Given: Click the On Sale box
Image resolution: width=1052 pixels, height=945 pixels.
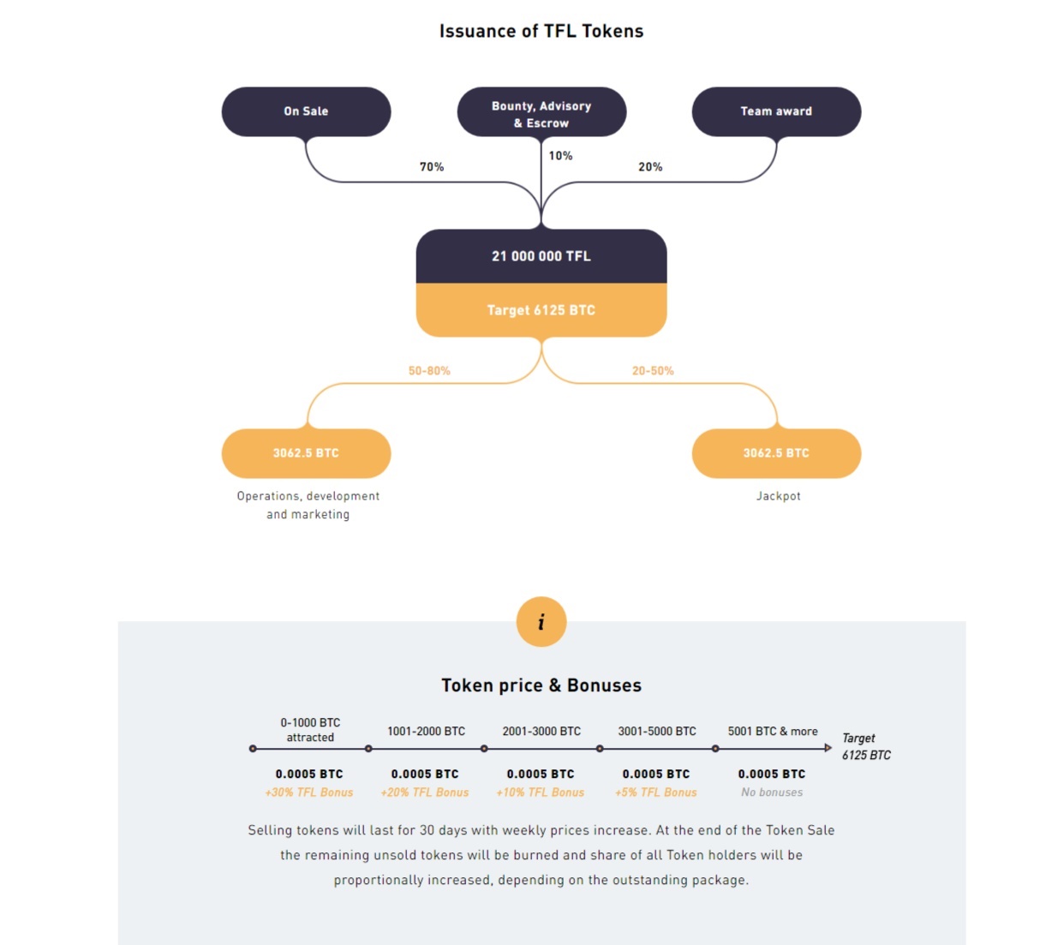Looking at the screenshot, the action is click(x=306, y=111).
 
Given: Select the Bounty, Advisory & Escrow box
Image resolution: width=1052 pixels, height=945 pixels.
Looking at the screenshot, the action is click(x=541, y=111).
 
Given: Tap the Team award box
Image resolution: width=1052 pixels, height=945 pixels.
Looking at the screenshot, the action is click(x=776, y=111).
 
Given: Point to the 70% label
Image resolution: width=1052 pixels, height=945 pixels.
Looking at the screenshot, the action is click(x=432, y=167).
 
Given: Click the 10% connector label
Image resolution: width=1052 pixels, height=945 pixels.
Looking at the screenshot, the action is click(x=561, y=156).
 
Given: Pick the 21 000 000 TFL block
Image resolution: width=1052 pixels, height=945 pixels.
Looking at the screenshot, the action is click(x=541, y=256).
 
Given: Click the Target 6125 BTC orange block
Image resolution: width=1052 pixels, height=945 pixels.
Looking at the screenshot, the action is click(x=541, y=310).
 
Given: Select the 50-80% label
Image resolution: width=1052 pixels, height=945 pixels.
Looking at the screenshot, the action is click(x=429, y=371).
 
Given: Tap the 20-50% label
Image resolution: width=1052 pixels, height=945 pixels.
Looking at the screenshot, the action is click(x=653, y=371).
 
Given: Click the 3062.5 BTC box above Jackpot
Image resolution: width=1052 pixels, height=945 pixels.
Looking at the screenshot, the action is click(x=776, y=453).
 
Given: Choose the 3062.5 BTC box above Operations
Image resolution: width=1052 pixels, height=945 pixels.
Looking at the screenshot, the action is click(x=306, y=453).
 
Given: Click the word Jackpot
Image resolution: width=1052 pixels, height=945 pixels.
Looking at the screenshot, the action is click(x=779, y=496).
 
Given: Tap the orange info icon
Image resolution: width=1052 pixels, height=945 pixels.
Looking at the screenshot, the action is click(x=541, y=621).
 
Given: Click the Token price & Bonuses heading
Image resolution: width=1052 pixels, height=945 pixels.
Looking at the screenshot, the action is click(x=541, y=685).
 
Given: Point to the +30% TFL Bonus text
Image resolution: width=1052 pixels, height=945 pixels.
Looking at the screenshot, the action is click(x=309, y=792).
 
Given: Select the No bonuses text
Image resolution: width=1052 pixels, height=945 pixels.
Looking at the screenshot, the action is click(x=772, y=792).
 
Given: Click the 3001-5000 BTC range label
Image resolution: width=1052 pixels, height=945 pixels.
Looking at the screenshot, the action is click(x=657, y=731).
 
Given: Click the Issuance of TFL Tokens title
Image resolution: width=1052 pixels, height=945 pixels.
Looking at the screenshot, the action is click(x=541, y=31).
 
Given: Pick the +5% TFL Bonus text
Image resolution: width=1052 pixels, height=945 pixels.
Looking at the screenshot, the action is click(x=656, y=792).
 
